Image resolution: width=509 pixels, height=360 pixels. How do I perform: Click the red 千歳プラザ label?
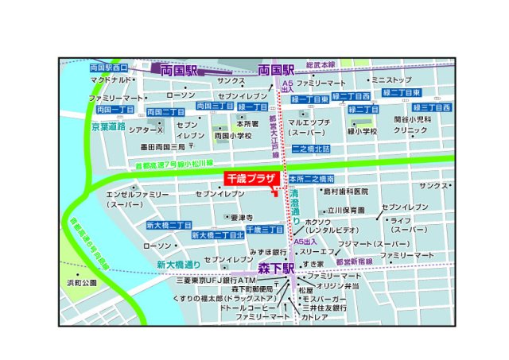click(250, 180)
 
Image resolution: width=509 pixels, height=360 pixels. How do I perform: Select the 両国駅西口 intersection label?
click(109, 68)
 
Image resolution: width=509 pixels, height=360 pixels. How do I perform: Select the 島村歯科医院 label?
click(344, 192)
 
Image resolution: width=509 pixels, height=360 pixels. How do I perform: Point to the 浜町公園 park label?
click(82, 282)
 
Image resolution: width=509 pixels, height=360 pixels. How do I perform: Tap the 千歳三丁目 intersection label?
click(266, 229)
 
